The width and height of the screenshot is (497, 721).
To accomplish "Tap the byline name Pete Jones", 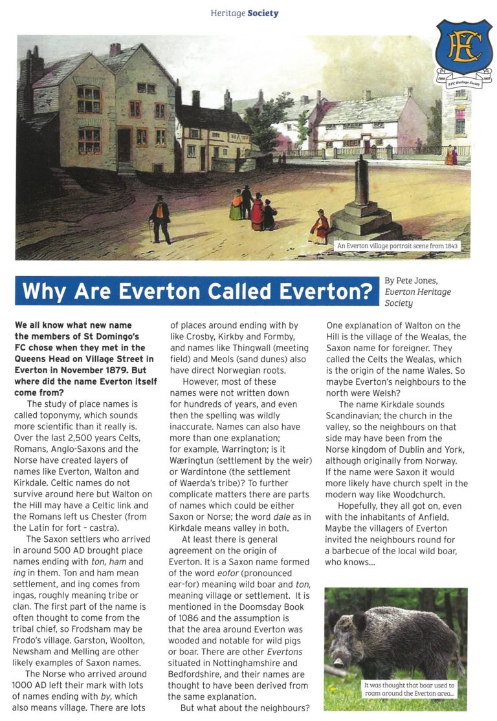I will click(421, 281).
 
